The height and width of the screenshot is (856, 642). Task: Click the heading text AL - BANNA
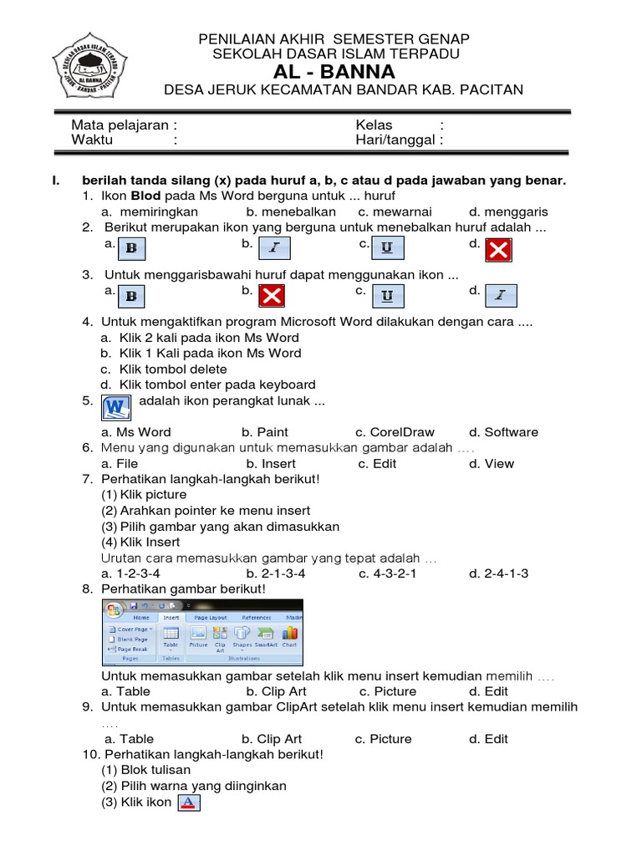tap(334, 72)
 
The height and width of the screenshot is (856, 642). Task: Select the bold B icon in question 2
tap(131, 248)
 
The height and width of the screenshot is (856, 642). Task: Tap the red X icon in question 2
tap(499, 249)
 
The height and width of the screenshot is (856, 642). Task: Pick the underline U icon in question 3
tap(387, 295)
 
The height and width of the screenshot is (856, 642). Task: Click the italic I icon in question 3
tap(500, 295)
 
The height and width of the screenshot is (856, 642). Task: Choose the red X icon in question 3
tap(272, 295)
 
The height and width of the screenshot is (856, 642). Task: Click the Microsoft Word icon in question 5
tap(116, 407)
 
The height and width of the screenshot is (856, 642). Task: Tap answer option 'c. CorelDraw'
tap(395, 432)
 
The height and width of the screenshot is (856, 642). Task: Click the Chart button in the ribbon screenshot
tap(289, 637)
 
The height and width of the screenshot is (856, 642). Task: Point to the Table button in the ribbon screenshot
tap(170, 637)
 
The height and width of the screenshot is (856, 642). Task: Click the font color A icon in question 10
tap(190, 802)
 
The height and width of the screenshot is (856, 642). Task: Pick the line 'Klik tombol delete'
tap(164, 369)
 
